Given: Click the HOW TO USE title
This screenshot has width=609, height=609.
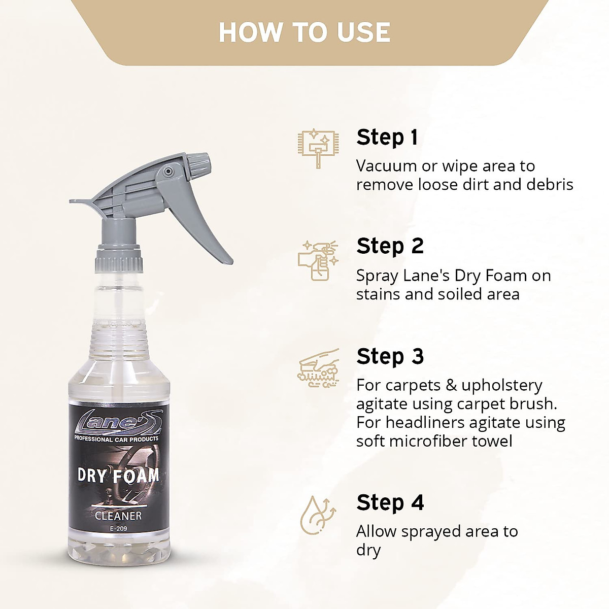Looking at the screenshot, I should click(304, 32).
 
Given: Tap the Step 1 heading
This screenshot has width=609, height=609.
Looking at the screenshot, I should click(387, 138).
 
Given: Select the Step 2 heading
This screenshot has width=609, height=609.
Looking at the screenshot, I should click(389, 246).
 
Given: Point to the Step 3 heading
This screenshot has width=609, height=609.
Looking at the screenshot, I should click(389, 356).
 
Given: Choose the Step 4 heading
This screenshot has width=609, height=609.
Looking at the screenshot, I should click(389, 502).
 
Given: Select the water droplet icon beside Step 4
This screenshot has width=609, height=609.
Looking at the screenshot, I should click(317, 515).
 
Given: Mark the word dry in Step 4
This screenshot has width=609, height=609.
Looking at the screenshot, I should click(368, 550).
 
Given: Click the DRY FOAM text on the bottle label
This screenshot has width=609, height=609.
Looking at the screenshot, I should click(118, 476).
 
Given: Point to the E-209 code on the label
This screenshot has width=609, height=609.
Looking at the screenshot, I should click(118, 529).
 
